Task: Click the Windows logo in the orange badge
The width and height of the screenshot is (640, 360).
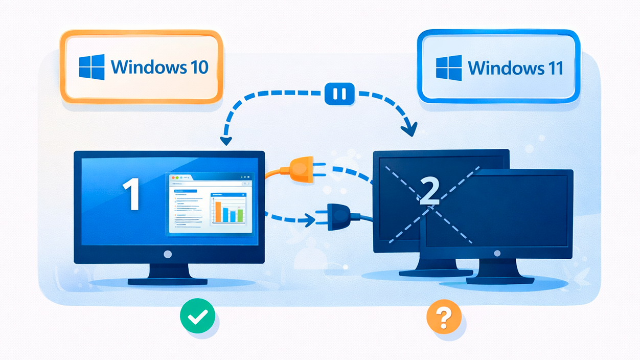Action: [92, 67]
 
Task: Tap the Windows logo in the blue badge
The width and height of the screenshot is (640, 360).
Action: [449, 68]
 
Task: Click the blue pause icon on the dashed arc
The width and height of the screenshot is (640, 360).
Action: [339, 94]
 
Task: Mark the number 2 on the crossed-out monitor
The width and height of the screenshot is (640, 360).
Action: [428, 192]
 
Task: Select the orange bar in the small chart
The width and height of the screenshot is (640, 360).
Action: [218, 211]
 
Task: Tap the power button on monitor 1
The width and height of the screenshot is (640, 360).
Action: [167, 254]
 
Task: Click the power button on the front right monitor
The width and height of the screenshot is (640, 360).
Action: [497, 253]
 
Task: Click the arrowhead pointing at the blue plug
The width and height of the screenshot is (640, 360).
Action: [308, 221]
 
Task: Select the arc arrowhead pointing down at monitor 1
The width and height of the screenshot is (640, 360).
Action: [224, 140]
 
